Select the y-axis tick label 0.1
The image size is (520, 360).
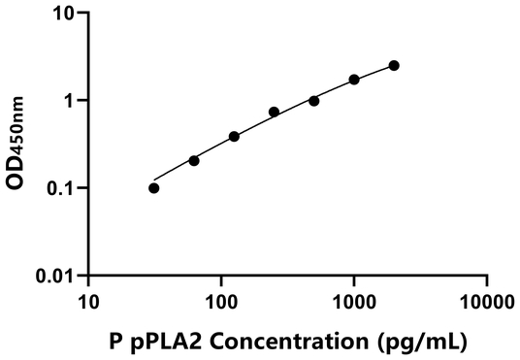click(x=63, y=188)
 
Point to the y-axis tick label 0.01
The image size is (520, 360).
click(x=58, y=276)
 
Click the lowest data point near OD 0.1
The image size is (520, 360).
click(x=154, y=188)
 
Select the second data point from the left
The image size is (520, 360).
click(x=194, y=160)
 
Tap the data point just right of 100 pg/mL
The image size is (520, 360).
click(x=234, y=136)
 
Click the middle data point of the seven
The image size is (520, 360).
click(x=274, y=112)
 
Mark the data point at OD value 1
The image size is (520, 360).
click(x=314, y=101)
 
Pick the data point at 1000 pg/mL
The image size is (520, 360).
click(x=354, y=80)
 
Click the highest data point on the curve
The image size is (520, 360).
click(x=394, y=65)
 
